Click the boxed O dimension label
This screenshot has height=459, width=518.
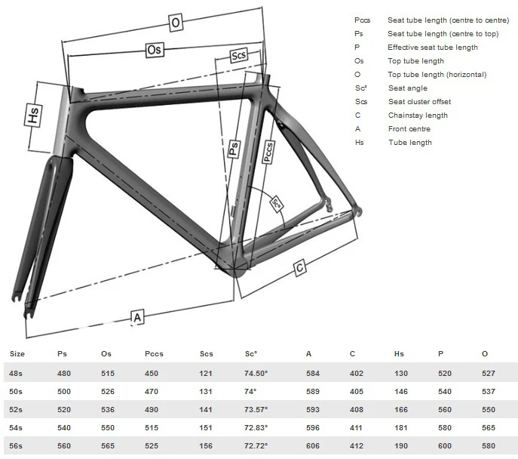tap(176, 23)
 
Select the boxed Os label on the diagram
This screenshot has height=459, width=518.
tap(154, 50)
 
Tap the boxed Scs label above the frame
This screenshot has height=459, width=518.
tap(239, 57)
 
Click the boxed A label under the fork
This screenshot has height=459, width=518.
tap(137, 317)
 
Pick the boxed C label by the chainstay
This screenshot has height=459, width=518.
tap(299, 268)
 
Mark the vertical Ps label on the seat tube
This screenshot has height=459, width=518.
tap(234, 148)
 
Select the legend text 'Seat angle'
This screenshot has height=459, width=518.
tap(408, 88)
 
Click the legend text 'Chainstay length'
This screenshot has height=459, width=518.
tap(418, 116)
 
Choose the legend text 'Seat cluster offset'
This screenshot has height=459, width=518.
tap(421, 102)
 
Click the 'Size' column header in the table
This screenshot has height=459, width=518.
tap(17, 353)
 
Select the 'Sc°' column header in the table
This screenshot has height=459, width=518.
tap(251, 353)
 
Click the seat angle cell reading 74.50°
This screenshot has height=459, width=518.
tap(256, 373)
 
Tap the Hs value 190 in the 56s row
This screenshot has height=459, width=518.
tap(400, 445)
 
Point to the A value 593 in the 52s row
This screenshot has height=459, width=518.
tap(312, 409)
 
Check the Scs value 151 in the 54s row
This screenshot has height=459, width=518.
tap(206, 427)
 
